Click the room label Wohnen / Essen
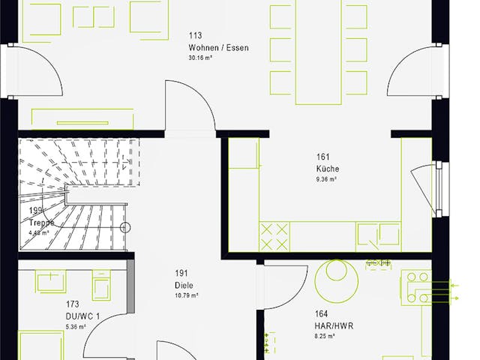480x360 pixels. click(x=218, y=47)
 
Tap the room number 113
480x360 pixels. click(x=196, y=35)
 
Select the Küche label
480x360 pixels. click(x=327, y=169)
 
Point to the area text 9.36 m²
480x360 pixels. click(x=326, y=180)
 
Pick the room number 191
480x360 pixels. click(x=181, y=273)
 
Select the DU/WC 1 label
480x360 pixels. click(x=82, y=316)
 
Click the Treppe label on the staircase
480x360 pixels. click(x=40, y=223)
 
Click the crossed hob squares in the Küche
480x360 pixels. click(x=274, y=236)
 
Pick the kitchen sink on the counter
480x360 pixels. click(x=370, y=236)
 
